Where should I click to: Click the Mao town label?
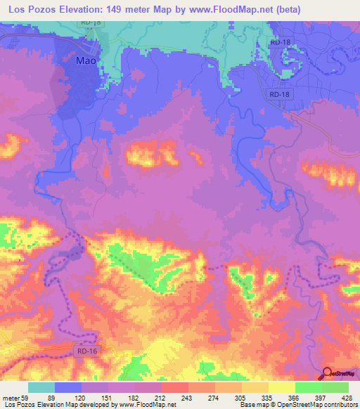click(85, 61)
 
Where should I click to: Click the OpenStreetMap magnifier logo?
click(328, 374)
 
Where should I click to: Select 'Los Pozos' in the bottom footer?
click(17, 405)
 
